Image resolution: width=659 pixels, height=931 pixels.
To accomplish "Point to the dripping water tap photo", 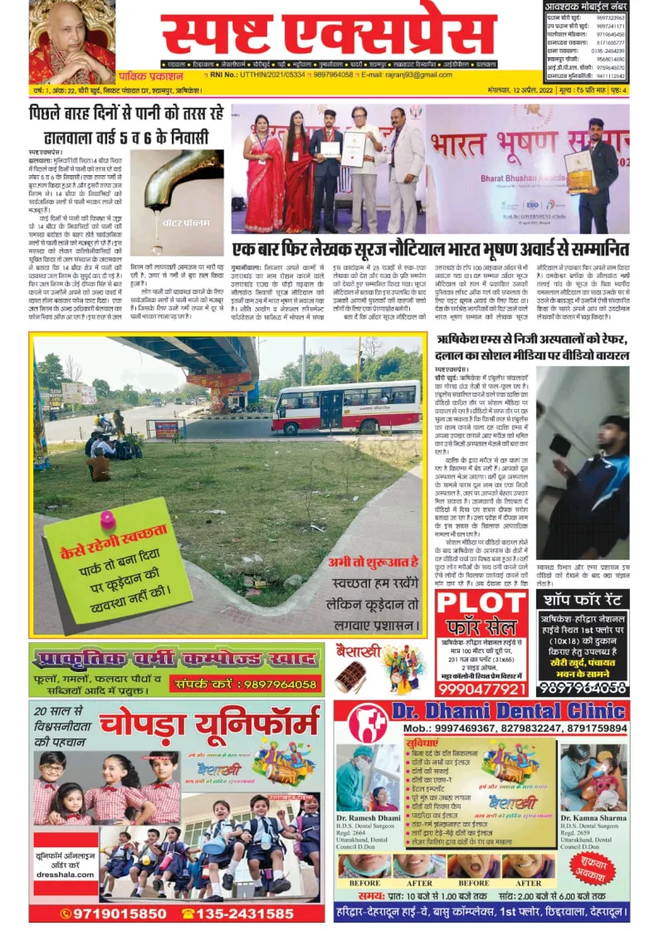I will coord(175,198).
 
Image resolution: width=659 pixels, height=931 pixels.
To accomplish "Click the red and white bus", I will coord(346,407).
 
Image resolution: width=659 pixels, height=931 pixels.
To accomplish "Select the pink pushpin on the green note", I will coord(107,519).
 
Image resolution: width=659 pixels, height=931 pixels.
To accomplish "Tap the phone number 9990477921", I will coord(481,690).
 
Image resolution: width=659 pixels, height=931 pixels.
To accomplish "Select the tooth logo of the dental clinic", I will coord(366,724).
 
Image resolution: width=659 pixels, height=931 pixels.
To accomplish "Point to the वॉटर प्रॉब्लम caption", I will coord(176,246).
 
